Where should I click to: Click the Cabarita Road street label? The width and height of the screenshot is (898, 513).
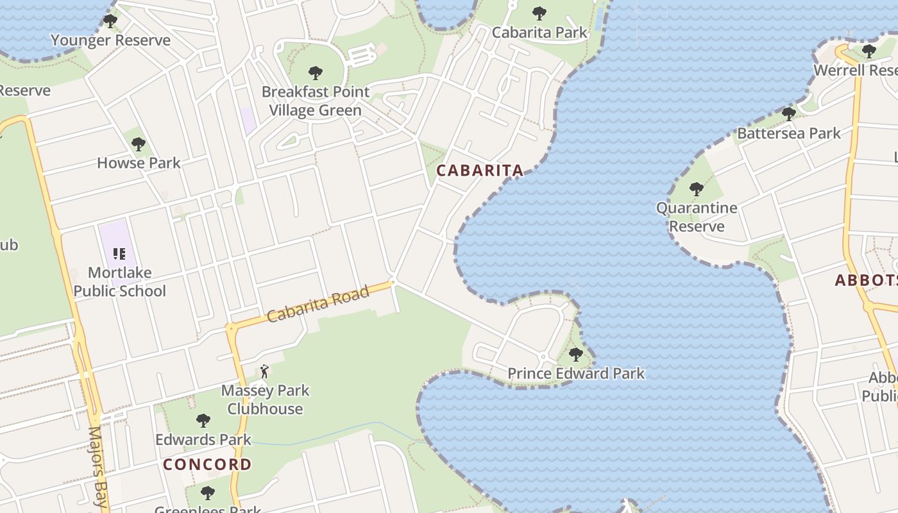(318, 304)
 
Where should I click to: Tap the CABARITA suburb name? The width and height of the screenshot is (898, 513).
(480, 171)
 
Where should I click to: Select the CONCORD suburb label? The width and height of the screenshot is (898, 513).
(207, 464)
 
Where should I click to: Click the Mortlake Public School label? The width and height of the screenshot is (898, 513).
(119, 282)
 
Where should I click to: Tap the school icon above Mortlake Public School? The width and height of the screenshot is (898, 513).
(119, 255)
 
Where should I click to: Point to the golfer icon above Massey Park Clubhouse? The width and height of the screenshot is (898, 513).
(264, 371)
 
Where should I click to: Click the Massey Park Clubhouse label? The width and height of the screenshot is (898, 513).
(265, 399)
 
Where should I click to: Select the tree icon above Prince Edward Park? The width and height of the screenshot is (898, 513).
(575, 354)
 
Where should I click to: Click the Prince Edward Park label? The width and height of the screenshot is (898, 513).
(575, 373)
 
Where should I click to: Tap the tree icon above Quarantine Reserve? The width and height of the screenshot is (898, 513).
(696, 189)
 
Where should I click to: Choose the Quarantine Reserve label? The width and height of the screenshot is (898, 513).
(696, 217)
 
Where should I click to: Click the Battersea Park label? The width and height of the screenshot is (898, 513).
(788, 133)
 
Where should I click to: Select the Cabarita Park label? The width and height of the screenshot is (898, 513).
(539, 32)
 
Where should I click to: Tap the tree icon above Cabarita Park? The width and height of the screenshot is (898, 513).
(539, 13)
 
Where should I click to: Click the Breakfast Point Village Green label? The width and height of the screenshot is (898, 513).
(315, 101)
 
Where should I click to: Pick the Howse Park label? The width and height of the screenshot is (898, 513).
(139, 163)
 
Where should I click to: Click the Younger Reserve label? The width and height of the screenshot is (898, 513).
(110, 40)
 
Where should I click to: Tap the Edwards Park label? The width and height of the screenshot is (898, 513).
(203, 440)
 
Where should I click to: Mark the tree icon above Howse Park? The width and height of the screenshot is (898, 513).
(139, 144)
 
